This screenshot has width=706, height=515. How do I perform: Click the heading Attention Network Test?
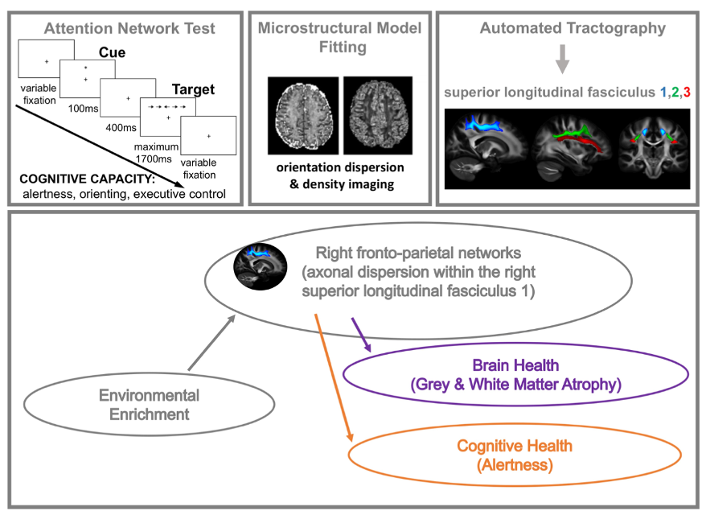[129, 29]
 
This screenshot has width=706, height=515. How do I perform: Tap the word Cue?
[112, 52]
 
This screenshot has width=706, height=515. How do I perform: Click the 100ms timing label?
[82, 106]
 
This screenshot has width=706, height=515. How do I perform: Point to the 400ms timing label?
[121, 126]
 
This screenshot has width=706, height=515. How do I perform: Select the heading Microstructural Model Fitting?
[339, 38]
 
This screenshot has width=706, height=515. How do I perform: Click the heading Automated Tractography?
[573, 29]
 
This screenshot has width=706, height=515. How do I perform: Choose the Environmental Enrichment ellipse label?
[149, 405]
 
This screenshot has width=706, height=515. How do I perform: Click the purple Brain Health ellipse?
[515, 375]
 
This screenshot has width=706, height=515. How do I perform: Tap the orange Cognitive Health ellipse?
[514, 455]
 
